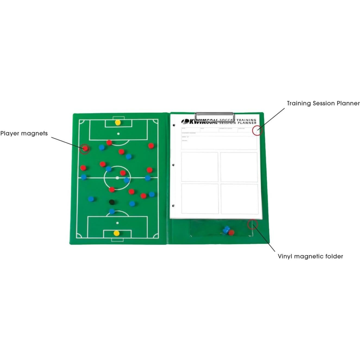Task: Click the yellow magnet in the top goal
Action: coord(117,123)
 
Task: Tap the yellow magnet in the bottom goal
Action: coord(117,233)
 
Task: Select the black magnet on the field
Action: coord(112,202)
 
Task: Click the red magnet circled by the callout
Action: coord(85,148)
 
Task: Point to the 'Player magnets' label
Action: coord(24,133)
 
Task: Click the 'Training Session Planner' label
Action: coord(323,103)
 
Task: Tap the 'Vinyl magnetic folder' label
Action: coord(310,256)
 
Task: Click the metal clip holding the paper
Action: coord(214,115)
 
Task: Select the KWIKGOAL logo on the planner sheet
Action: coord(199,122)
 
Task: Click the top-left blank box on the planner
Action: coord(200,167)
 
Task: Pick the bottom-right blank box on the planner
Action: coord(239,199)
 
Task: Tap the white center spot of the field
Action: coord(117,178)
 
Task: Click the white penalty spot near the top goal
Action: coord(118,134)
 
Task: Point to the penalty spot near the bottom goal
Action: coord(117,223)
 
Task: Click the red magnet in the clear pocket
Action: coord(231,233)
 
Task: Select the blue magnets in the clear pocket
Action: coord(226,230)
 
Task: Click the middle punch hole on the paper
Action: coord(173,165)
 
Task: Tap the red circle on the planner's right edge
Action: coord(257,130)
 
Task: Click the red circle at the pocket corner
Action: coord(252,224)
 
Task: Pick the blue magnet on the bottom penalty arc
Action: coord(112,211)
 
